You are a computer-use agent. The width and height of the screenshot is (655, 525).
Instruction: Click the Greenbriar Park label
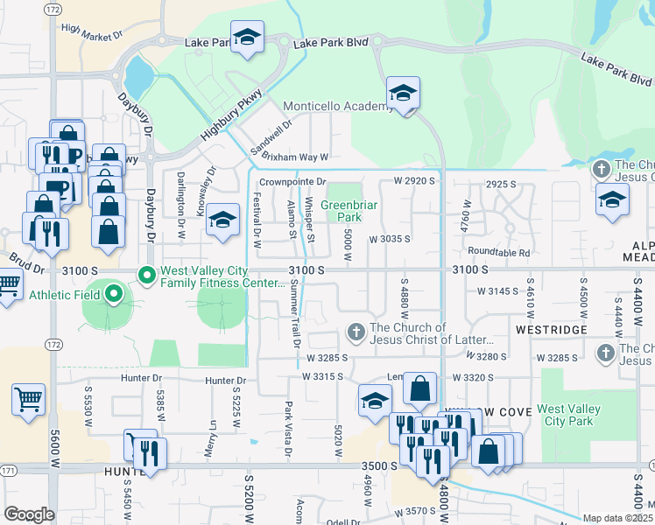pos(342,212)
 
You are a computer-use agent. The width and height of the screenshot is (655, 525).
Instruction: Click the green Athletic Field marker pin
pos(112,295)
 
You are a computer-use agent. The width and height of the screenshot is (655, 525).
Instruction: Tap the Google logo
pos(29,514)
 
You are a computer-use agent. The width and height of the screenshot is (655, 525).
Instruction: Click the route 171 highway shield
pos(8,471)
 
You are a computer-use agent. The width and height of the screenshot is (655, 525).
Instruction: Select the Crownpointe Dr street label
pos(292,182)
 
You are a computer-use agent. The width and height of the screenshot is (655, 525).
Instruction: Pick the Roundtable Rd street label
pos(499,253)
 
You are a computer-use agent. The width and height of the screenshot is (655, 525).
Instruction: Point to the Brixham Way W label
pos(295,157)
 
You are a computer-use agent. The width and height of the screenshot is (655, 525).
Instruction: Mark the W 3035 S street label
pos(390,238)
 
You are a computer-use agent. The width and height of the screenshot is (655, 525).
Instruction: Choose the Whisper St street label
pos(308,219)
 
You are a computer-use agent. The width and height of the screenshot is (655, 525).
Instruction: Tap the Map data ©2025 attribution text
pos(618,518)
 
